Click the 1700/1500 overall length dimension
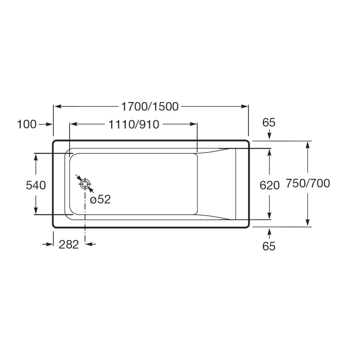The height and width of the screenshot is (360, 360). coord(150,106)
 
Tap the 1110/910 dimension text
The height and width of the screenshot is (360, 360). coord(134,124)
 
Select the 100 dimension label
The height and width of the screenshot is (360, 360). coord(27,124)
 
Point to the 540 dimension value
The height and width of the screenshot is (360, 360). coord(36,185)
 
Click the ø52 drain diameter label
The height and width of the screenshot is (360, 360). coord(100,199)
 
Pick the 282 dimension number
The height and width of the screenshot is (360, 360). coord(69,244)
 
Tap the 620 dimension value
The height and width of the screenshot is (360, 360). coord(270,185)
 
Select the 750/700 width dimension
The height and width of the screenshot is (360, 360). coord(308,183)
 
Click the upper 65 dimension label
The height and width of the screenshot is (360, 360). coord(269,122)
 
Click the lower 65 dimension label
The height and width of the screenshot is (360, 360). coord(269,246)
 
